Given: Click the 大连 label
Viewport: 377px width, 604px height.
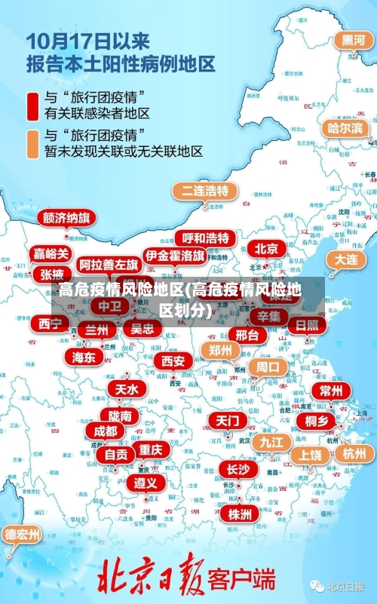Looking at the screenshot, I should [347, 259].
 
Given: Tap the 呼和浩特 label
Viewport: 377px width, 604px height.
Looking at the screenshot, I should [205, 238].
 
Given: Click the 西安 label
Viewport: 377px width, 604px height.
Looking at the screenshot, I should [173, 361].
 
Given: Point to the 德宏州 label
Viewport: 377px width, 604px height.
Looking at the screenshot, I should [23, 535].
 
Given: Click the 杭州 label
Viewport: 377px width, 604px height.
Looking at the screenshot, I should [354, 453].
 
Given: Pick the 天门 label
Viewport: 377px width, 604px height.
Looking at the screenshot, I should [227, 419].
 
